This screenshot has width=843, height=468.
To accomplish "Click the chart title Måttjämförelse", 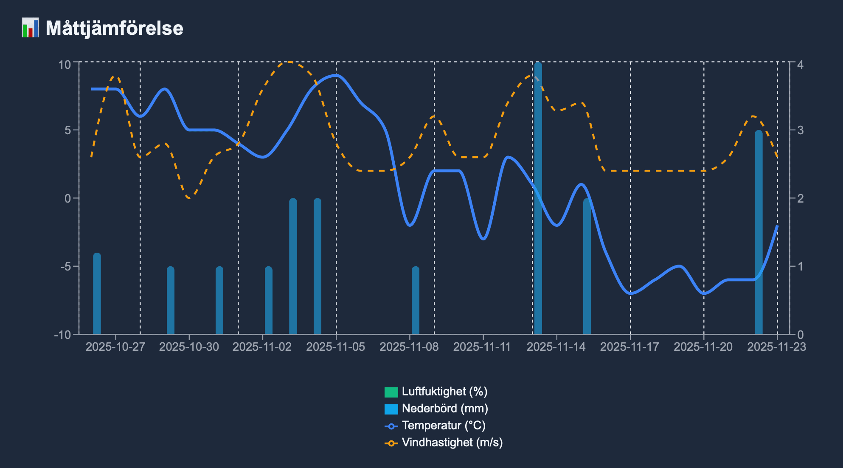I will [114, 28].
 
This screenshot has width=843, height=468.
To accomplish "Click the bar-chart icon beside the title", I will [30, 28].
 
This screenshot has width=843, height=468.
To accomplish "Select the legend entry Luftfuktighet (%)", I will [444, 392].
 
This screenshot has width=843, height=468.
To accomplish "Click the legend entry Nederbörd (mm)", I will [444, 409].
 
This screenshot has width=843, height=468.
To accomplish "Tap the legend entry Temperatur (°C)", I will [443, 426].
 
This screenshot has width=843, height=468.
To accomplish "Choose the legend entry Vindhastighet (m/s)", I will [452, 443].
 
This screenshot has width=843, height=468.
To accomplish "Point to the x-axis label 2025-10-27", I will [115, 347].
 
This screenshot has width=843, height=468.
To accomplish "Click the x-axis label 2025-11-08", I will [409, 347].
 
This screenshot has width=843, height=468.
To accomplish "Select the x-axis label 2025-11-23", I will [776, 347].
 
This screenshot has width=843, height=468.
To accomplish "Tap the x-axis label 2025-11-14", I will [556, 347].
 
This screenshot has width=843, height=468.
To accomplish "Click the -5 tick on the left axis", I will [66, 267].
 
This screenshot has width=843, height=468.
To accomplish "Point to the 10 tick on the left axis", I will [65, 65].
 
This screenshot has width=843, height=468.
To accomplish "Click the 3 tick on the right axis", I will [800, 130].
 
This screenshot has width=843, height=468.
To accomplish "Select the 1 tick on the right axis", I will [800, 267].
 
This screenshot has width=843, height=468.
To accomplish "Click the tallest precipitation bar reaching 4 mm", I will [538, 200].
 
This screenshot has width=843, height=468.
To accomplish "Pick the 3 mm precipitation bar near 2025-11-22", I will [759, 234].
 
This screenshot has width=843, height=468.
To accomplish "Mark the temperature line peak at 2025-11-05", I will [336, 75].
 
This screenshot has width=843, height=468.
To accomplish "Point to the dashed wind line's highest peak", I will [288, 62].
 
